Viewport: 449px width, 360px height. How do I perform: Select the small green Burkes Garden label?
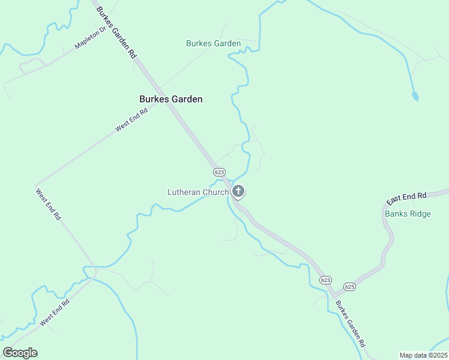213,43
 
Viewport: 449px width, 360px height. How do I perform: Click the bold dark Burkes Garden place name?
170,99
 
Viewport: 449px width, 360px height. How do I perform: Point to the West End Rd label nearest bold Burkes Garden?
131,119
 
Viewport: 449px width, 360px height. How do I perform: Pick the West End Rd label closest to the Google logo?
55,312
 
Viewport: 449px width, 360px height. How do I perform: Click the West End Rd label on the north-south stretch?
49,204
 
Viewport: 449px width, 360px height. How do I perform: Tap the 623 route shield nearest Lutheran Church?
219,172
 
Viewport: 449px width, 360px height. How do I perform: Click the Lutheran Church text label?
197,192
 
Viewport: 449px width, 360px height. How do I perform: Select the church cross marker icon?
238,191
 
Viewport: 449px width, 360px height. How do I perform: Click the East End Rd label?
406,197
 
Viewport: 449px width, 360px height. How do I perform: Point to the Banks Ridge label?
408,214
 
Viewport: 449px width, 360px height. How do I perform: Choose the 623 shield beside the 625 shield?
325,280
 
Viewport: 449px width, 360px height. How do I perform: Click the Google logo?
20,353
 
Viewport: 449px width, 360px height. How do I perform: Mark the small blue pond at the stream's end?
414,96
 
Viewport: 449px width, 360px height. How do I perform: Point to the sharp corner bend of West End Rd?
37,184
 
